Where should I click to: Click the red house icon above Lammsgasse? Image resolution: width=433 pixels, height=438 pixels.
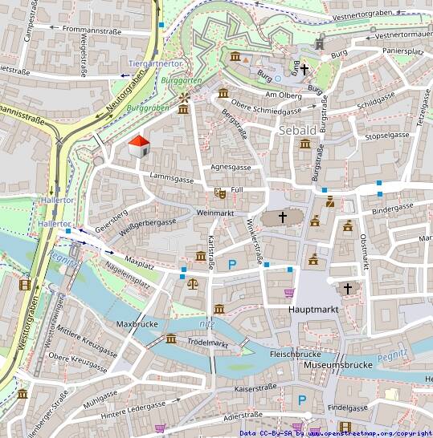pyautogui.click(x=139, y=146)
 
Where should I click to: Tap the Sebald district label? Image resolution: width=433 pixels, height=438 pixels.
pyautogui.click(x=298, y=130)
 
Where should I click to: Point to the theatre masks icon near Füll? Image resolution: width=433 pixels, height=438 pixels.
pyautogui.click(x=220, y=193)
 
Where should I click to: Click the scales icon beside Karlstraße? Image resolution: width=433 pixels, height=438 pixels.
pyautogui.click(x=192, y=282)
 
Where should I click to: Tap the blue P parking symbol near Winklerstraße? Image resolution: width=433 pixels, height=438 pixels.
pyautogui.click(x=233, y=265)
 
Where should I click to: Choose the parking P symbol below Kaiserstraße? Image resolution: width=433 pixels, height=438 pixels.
pyautogui.click(x=302, y=399)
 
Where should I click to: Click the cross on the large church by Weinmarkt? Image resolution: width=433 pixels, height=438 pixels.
pyautogui.click(x=283, y=217)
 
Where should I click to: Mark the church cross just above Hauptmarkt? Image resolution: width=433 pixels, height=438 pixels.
pyautogui.click(x=348, y=287)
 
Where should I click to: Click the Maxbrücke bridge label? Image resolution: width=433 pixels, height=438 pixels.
pyautogui.click(x=134, y=325)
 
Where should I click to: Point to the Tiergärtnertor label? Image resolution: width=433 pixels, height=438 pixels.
pyautogui.click(x=156, y=63)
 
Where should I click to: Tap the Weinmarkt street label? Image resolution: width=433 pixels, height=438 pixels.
pyautogui.click(x=214, y=213)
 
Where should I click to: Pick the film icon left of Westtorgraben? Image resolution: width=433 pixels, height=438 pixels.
pyautogui.click(x=26, y=284)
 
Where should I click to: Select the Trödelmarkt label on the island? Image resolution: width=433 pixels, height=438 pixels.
pyautogui.click(x=208, y=343)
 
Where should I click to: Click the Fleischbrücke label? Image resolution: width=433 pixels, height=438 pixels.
pyautogui.click(x=295, y=354)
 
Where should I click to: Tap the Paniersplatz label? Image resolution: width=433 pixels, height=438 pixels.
pyautogui.click(x=402, y=51)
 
